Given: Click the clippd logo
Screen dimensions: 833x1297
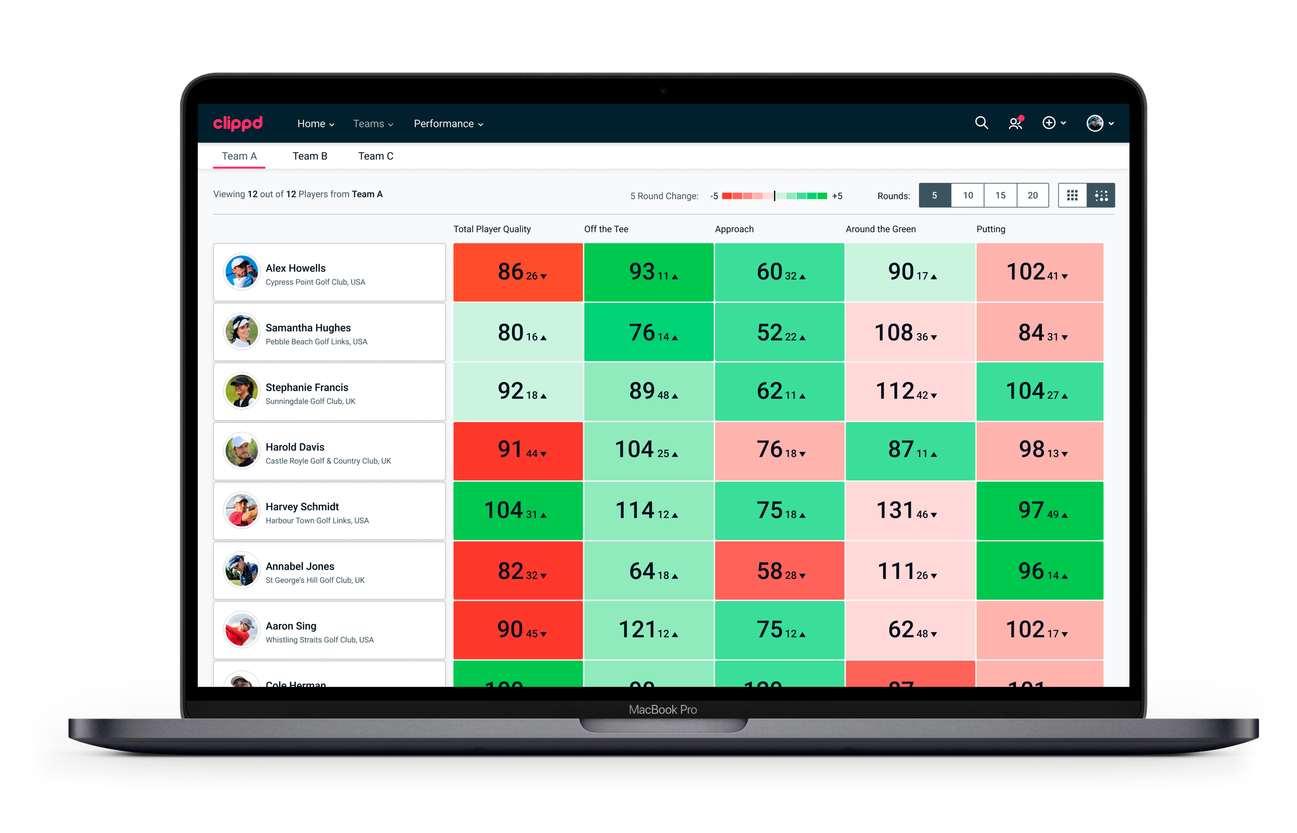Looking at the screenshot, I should pos(238,123).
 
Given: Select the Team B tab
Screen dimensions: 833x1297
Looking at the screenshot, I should pos(310,156).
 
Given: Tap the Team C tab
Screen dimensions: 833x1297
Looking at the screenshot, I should pos(376,156).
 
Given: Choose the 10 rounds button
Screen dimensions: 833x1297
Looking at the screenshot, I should pos(968,195).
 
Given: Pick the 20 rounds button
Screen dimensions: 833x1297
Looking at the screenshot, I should pos(1032,195).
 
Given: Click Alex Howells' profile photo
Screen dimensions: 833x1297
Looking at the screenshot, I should pos(241,272).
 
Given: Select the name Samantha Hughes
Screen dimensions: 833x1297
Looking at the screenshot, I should pos(308,328).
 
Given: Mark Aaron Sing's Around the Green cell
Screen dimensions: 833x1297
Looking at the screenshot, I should pos(910,630).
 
